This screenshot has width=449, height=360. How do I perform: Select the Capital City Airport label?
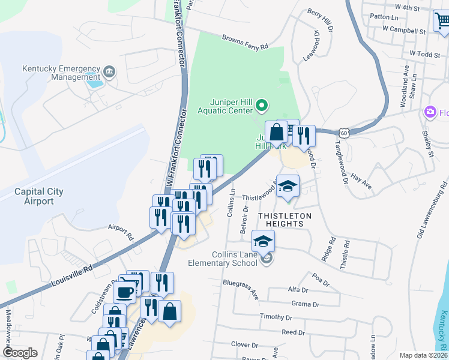pos(40,196)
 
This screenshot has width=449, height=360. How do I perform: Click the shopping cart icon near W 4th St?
pos(443,21)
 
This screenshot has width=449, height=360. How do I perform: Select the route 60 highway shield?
pos(342,132)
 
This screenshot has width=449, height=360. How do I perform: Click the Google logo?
pos(20,353)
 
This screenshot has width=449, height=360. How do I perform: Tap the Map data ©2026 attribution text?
pos(423,355)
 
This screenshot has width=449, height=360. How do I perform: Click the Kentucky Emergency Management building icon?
pos(109,73)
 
